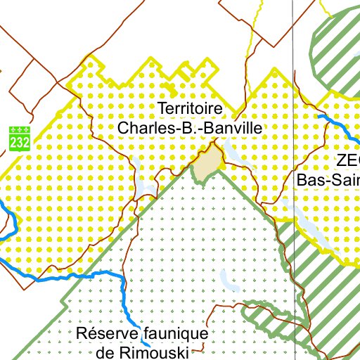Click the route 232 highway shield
20,137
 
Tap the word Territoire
191,109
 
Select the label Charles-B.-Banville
190,128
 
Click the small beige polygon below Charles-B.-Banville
207,165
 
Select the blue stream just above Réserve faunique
125,295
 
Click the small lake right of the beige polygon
233,155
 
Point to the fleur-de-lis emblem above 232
20,131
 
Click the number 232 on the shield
20,142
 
